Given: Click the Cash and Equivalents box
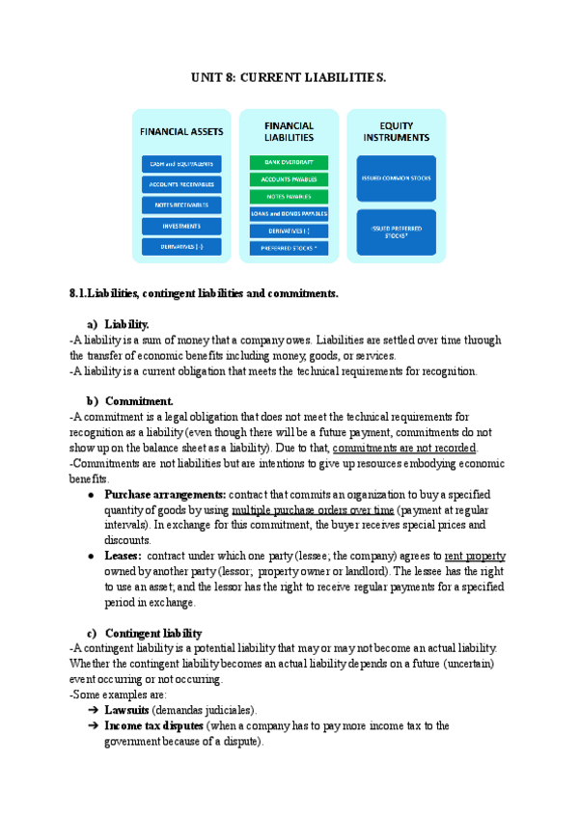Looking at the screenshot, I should pyautogui.click(x=181, y=163).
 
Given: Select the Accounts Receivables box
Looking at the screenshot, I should pyautogui.click(x=181, y=184).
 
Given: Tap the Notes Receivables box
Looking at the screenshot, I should pyautogui.click(x=181, y=205).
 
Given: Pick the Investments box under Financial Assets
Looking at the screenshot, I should pyautogui.click(x=181, y=227).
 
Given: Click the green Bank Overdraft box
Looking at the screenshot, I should pyautogui.click(x=289, y=162).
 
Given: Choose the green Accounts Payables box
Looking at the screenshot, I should pyautogui.click(x=289, y=179).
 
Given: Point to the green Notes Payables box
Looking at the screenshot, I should pyautogui.click(x=289, y=197).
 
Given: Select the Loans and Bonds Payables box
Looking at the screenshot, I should pyautogui.click(x=289, y=213).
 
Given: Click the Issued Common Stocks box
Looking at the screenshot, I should pyautogui.click(x=396, y=179).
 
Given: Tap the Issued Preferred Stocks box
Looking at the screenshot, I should pyautogui.click(x=396, y=232).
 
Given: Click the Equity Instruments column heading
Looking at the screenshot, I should pyautogui.click(x=396, y=131).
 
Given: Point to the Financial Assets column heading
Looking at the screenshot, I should pyautogui.click(x=181, y=131).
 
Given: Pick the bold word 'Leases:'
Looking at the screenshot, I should pyautogui.click(x=124, y=557).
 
